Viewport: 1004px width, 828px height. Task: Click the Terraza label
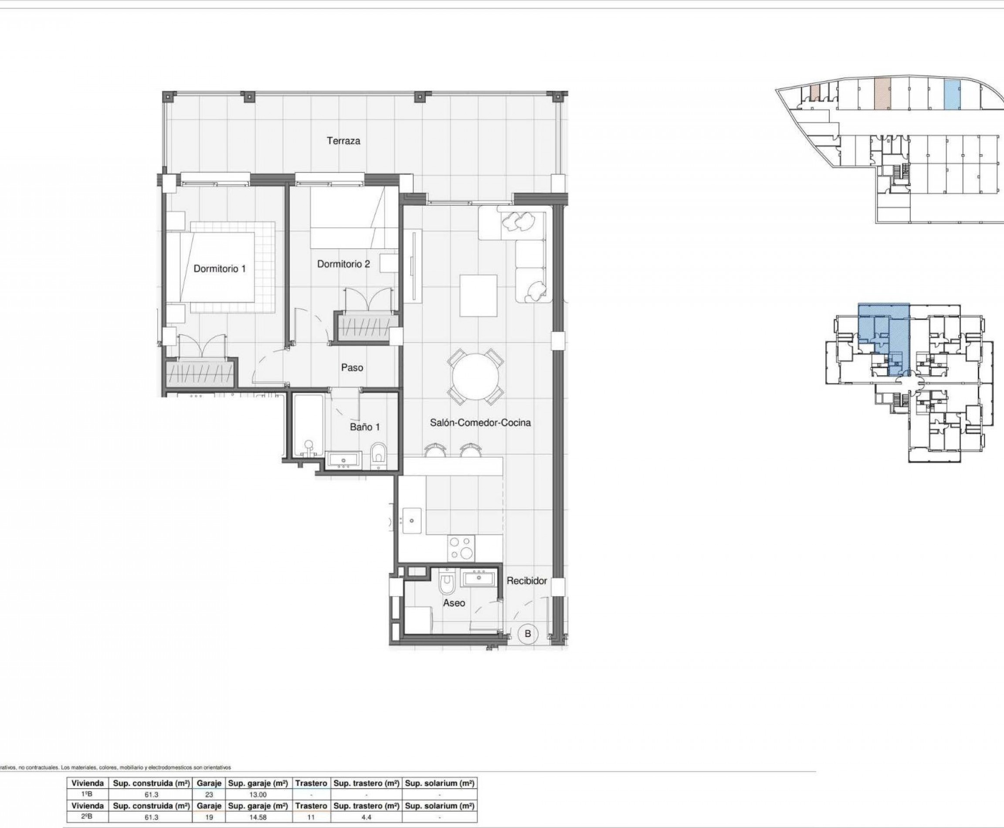pyautogui.click(x=343, y=141)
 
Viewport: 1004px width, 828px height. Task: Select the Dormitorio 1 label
pyautogui.click(x=219, y=268)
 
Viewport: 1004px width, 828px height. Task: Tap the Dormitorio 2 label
pyautogui.click(x=343, y=264)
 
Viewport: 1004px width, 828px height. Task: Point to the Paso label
pyautogui.click(x=352, y=367)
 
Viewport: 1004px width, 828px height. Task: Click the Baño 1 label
pyautogui.click(x=365, y=427)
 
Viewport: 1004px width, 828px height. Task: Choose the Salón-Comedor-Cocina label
pyautogui.click(x=480, y=423)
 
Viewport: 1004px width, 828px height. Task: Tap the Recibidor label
pyautogui.click(x=526, y=580)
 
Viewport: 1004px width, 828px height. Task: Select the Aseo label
pyautogui.click(x=454, y=603)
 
